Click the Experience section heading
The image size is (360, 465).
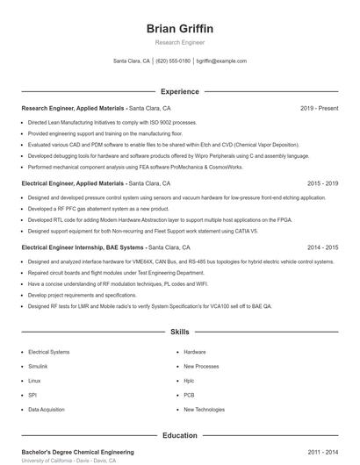coord(179,91)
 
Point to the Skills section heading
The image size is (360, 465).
coord(179,333)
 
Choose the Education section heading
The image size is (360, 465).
coord(179,435)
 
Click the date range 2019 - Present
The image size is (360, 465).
coord(319,109)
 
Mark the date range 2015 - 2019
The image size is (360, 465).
coord(322,183)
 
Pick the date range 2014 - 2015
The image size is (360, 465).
coord(322,247)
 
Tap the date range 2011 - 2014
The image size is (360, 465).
coord(322,452)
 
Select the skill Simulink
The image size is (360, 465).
coord(38,366)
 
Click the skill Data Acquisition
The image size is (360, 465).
coord(46,410)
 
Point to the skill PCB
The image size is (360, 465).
coord(189,395)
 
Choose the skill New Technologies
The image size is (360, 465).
coord(204,410)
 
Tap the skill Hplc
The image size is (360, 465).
coord(189,381)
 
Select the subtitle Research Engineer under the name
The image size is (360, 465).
coord(179,42)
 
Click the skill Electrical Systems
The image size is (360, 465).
coord(48,351)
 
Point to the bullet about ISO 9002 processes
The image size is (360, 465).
coord(100,123)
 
